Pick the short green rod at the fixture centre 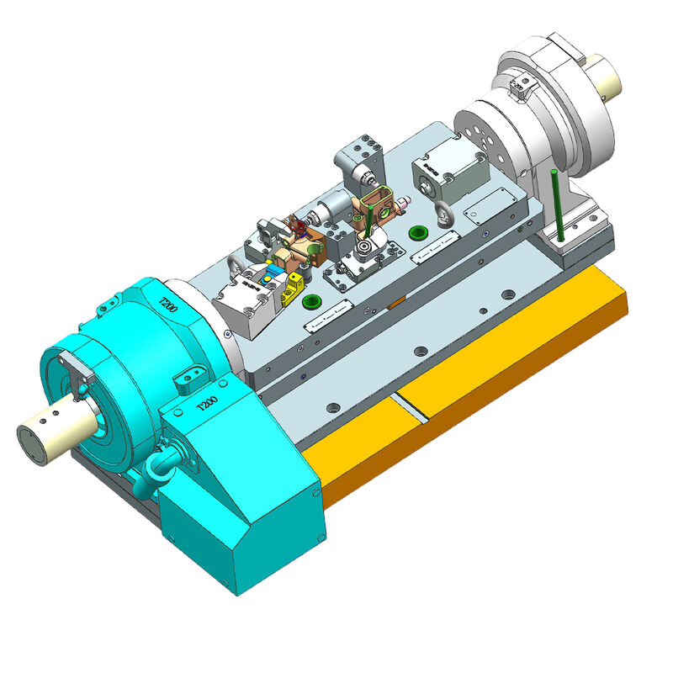point(368,220)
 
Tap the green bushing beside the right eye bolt point(414,232)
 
